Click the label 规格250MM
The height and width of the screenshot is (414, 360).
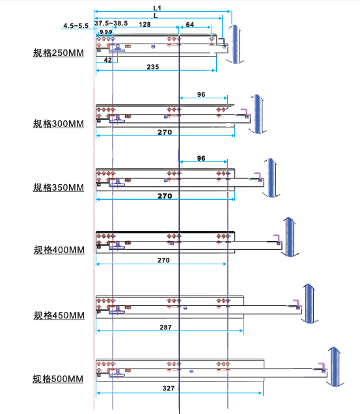pyautogui.click(x=59, y=53)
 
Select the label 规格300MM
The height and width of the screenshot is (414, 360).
pyautogui.click(x=59, y=124)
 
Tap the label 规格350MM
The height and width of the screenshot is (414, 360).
pyautogui.click(x=59, y=187)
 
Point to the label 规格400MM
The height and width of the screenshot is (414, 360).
pyautogui.click(x=59, y=250)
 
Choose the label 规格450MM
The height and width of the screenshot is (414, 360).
pyautogui.click(x=59, y=315)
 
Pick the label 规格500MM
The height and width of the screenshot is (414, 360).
pyautogui.click(x=58, y=379)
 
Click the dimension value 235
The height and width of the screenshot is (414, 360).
pyautogui.click(x=153, y=67)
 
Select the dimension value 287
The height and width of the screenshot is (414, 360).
pyautogui.click(x=165, y=327)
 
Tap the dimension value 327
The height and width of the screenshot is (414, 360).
pyautogui.click(x=169, y=388)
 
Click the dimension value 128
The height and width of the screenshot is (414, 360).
pyautogui.click(x=145, y=24)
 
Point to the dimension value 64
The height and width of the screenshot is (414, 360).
pyautogui.click(x=190, y=24)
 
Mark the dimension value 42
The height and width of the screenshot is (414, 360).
pyautogui.click(x=108, y=60)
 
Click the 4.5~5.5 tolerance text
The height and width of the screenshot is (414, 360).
pyautogui.click(x=76, y=25)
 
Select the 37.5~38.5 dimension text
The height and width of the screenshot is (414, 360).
pyautogui.click(x=111, y=23)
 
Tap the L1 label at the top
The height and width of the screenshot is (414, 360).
pyautogui.click(x=157, y=8)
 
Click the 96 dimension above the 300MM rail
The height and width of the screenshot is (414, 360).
pyautogui.click(x=201, y=94)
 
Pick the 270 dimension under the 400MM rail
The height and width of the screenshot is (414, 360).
pyautogui.click(x=163, y=260)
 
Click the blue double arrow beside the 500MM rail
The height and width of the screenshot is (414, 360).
pyautogui.click(x=335, y=366)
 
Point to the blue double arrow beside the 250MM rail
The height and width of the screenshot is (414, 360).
pyautogui.click(x=235, y=44)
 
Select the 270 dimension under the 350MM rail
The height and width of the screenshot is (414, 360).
pyautogui.click(x=165, y=196)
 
